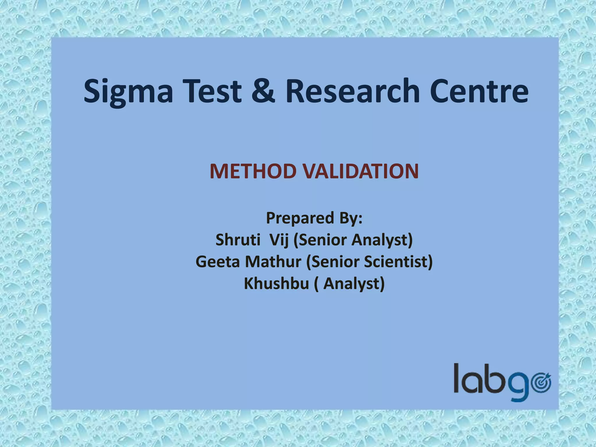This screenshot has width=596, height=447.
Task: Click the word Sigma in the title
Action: click(128, 91)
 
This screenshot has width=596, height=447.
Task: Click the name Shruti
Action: click(238, 240)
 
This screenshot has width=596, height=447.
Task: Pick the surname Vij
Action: click(279, 240)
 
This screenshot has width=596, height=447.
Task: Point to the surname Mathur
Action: click(273, 262)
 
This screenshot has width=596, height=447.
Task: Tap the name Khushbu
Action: click(276, 283)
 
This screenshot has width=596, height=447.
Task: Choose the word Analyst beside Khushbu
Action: click(354, 284)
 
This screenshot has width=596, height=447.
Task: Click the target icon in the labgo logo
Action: click(541, 382)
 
